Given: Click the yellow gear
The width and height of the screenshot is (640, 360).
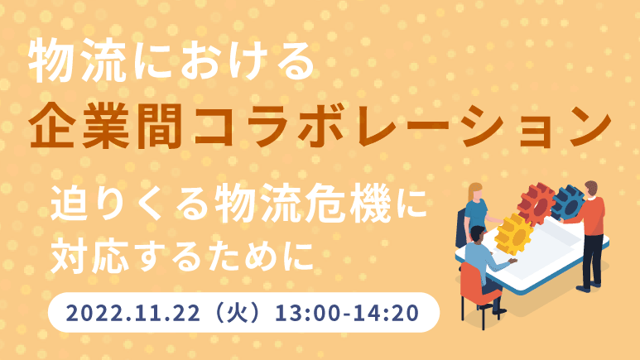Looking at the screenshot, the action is tap(514, 234).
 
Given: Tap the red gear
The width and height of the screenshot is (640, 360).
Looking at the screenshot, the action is tap(537, 203).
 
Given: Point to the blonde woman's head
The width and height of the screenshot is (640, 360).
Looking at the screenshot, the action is tap(475, 191).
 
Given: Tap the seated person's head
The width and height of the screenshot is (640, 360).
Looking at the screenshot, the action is tap(478, 234).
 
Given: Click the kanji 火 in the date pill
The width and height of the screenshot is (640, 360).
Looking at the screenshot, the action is tap(238, 312).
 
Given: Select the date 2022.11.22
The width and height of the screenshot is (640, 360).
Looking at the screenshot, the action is tap(133, 313).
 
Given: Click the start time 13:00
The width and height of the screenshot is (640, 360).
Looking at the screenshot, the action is tap(308, 313).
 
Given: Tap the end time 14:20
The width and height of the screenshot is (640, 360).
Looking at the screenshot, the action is tap(386, 313).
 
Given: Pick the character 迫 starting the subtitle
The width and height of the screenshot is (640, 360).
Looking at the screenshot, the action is tap(70, 204).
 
